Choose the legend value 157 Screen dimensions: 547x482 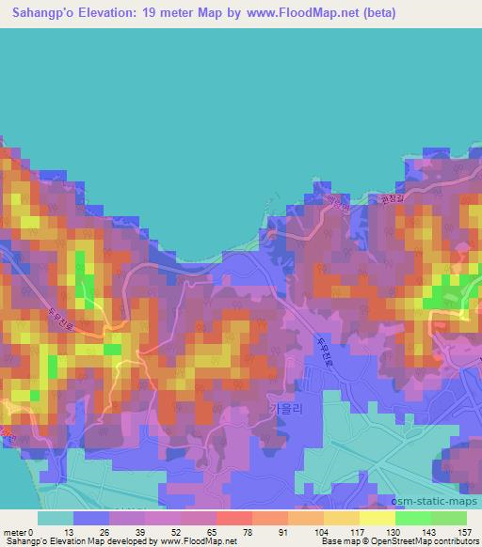click(464, 532)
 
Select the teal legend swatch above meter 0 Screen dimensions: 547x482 click(56, 518)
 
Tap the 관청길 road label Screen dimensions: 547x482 click(390, 199)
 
